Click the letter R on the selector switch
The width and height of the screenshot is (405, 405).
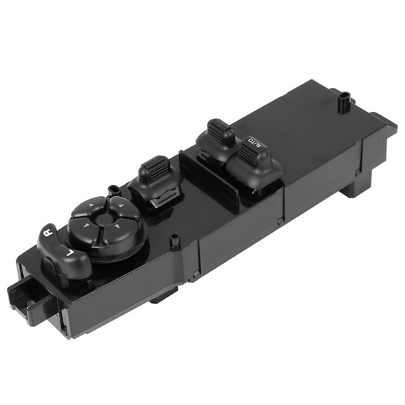(49, 233)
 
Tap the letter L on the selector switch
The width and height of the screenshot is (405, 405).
(70, 252)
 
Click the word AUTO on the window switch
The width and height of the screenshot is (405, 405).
(255, 143)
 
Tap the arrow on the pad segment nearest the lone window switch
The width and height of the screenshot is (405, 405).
(120, 206)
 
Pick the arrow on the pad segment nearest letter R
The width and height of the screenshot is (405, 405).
(86, 226)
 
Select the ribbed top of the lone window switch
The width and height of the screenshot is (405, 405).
(155, 166)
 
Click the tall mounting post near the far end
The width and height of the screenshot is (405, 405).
(344, 103)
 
